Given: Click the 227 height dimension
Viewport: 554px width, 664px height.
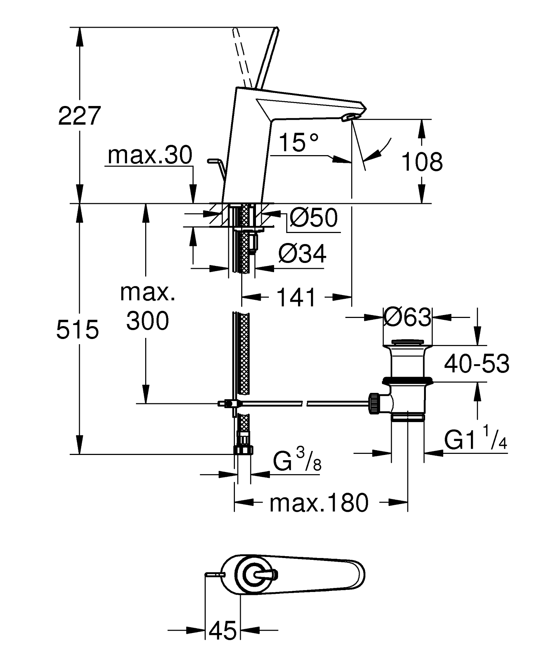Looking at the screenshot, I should click(79, 116).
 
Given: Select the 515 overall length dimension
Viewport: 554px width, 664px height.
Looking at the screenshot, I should click(78, 329).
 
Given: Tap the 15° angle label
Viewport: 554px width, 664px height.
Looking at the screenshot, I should click(298, 143).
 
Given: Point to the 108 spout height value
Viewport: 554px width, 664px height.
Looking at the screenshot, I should click(421, 162).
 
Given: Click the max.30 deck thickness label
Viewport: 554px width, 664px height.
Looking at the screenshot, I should click(150, 155).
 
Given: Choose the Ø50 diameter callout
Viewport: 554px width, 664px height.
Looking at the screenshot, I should click(313, 218).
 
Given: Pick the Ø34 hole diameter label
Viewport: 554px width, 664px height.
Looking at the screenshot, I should click(302, 254).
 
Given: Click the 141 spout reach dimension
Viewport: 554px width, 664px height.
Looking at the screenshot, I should click(297, 298).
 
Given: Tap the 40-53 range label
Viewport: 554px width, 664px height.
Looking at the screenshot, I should click(476, 364).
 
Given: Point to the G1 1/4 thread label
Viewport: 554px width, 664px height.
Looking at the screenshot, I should click(475, 441).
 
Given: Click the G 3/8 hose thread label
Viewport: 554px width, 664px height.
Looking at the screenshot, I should click(297, 462).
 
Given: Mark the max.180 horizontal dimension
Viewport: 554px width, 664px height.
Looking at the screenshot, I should click(319, 503).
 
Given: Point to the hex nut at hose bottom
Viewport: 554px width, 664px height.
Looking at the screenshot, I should click(243, 449).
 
